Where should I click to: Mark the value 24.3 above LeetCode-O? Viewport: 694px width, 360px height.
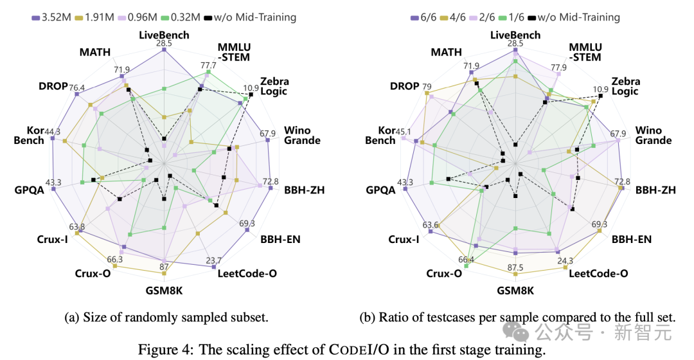(x=567, y=261)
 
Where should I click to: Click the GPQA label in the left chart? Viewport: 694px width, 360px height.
(x=28, y=190)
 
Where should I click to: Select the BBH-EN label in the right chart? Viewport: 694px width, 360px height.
(x=632, y=239)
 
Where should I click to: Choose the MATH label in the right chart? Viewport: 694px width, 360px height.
(x=446, y=52)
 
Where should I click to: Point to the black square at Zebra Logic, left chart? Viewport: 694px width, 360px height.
(x=251, y=94)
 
